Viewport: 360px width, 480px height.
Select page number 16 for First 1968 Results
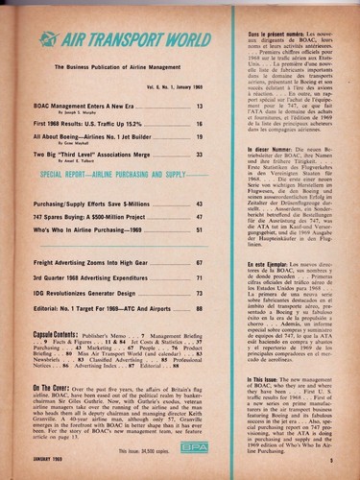pyautogui.click(x=227, y=125)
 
